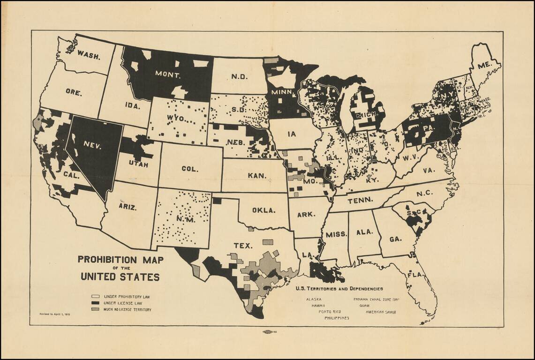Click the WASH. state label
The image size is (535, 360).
point(89,56)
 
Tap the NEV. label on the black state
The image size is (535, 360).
point(93,145)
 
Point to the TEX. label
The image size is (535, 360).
point(243,245)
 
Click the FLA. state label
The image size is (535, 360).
point(415,274)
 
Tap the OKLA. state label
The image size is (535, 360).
point(264,210)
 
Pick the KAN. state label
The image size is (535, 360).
point(257,176)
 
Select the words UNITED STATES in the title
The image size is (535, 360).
point(120,277)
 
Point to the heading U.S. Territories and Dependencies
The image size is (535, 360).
point(339,289)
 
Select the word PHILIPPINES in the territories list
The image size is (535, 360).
point(337,318)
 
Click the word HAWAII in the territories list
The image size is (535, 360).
point(318,305)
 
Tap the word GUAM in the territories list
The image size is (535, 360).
point(364,305)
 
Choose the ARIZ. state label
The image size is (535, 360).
point(128,207)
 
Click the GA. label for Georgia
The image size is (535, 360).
point(395,239)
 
